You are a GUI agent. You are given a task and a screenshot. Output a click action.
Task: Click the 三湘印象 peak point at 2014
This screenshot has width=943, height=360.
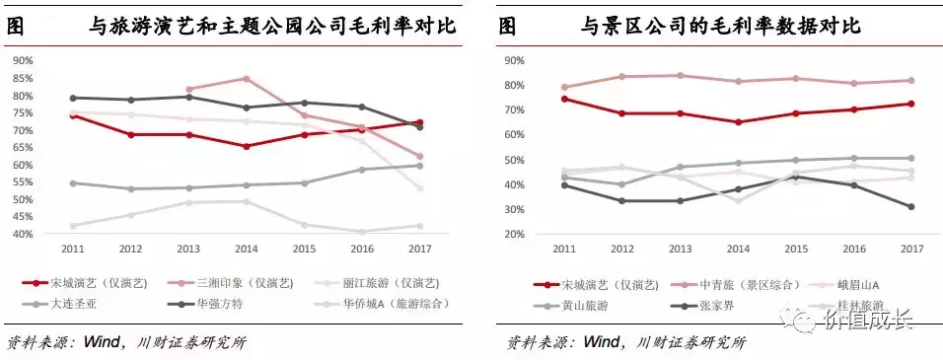coord(246,79)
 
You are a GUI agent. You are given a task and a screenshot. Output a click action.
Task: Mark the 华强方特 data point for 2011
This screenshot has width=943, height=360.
coord(73,98)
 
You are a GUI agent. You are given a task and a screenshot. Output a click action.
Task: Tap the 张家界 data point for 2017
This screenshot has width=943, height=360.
coord(910,207)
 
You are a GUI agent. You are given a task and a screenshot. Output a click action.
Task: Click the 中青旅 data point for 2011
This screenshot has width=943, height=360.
coord(563,88)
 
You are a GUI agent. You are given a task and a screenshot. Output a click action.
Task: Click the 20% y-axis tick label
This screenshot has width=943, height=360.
coord(512,235)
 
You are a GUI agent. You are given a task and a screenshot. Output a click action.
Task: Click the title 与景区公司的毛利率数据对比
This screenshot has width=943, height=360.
coord(720,27)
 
